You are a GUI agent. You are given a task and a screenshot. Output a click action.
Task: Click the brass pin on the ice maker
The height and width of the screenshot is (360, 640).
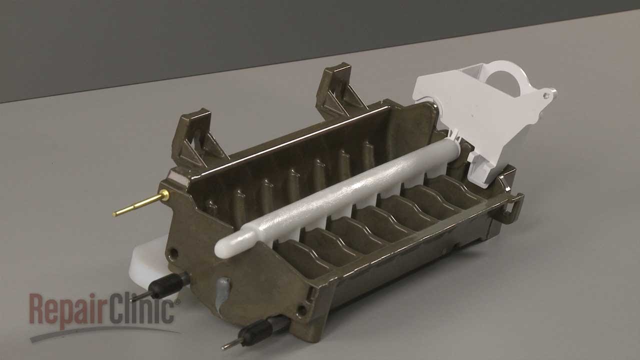tap(141, 203)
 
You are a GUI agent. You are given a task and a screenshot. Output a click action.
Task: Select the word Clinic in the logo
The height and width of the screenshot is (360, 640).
tap(141, 309)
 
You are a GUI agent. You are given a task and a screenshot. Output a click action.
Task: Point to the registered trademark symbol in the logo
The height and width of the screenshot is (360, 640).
tap(177, 301)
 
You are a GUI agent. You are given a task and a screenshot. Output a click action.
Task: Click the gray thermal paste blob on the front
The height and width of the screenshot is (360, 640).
tap(223, 294)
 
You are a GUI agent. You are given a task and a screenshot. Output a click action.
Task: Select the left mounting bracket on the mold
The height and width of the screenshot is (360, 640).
tap(197, 137)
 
